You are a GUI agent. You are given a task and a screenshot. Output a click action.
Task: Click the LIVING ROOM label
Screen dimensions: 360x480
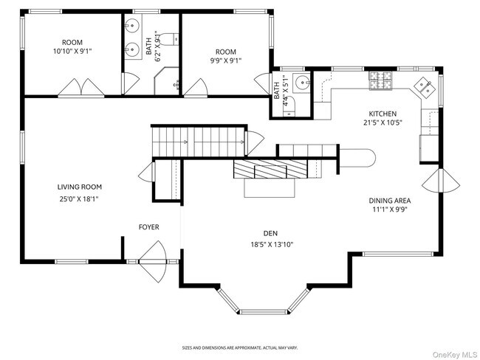click(x=79, y=187)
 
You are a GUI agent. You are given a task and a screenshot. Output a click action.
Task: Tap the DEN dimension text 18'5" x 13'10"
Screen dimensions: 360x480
click(x=275, y=244)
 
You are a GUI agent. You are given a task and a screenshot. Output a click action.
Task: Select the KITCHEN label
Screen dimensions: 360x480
click(x=383, y=114)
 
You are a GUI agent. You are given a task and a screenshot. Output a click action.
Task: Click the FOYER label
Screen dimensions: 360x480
click(x=149, y=226)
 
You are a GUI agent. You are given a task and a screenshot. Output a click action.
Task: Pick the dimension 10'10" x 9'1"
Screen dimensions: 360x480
click(x=72, y=51)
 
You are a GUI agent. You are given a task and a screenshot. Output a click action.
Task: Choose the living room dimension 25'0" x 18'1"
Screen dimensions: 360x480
click(x=79, y=198)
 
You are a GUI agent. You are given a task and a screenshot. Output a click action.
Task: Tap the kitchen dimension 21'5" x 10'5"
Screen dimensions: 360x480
click(x=383, y=124)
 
